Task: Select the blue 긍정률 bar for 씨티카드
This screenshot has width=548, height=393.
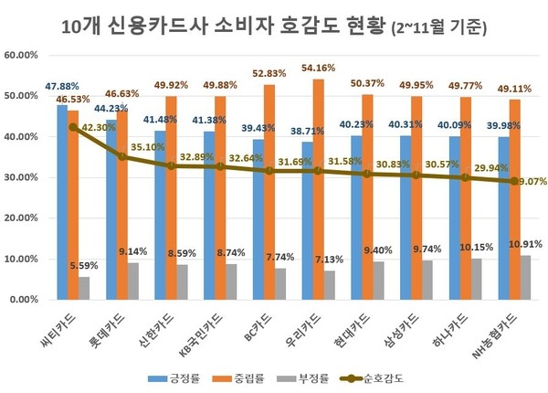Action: pyautogui.click(x=62, y=202)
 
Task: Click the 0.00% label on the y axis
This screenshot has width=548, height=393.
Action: pyautogui.click(x=26, y=300)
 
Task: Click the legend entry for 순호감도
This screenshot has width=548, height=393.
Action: pyautogui.click(x=387, y=377)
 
